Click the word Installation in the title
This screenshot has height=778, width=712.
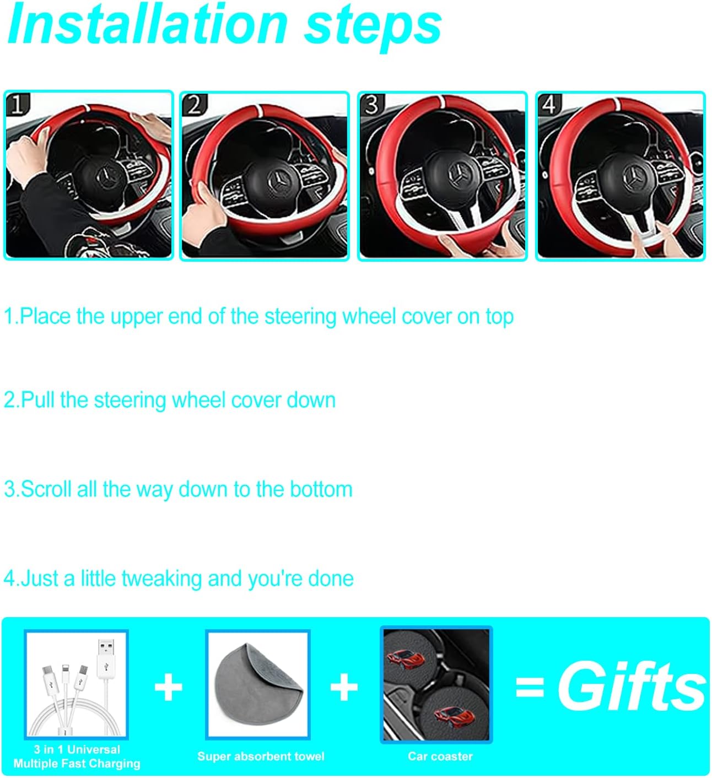[x=148, y=24]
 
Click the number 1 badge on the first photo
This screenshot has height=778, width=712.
[x=18, y=105]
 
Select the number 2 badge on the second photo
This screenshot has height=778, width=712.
[x=195, y=105]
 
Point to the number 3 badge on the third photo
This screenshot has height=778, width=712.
[x=372, y=105]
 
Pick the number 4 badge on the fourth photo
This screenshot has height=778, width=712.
[x=549, y=105]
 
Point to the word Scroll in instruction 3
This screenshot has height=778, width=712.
[x=46, y=489]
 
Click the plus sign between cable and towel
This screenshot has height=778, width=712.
[x=168, y=688]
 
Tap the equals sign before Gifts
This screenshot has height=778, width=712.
[x=530, y=687]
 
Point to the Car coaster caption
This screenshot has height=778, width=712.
[x=440, y=757]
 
